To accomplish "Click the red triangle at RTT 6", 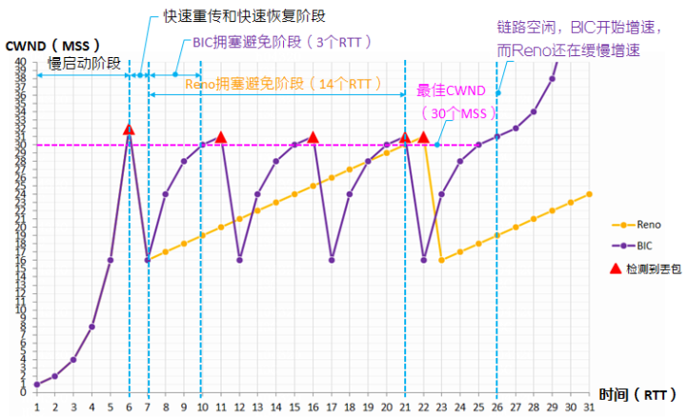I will point(129,129).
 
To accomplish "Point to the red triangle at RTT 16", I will point(314,137).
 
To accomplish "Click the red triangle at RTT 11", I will point(221,137).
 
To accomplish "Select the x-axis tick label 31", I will point(589,406).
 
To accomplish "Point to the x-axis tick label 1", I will point(36,406).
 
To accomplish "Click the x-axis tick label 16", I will point(314,406).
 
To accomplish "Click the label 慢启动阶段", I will point(85,63).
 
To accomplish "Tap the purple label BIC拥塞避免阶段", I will point(275,42).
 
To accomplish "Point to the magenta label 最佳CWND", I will point(452,91).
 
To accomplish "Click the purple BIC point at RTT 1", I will point(36,384).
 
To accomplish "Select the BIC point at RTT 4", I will point(91,327).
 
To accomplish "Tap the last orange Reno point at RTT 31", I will point(590,194).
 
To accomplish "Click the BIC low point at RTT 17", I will point(332,259).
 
